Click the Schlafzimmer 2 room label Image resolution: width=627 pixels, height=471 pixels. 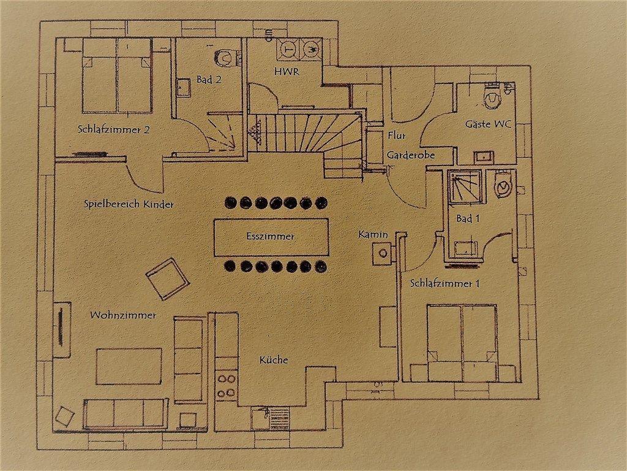[x=114, y=130]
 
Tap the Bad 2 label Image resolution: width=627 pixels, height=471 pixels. [x=209, y=79]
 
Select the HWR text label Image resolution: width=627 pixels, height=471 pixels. [x=287, y=72]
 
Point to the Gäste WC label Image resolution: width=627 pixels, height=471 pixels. [x=488, y=124]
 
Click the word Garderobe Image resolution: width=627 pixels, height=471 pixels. [x=410, y=155]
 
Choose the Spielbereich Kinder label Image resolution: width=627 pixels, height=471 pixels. [x=129, y=204]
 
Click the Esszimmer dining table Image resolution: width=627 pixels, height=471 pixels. [x=271, y=237]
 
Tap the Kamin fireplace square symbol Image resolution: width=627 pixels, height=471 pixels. [x=383, y=253]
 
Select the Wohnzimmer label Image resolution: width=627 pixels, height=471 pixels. [x=123, y=315]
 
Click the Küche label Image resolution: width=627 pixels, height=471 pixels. [x=274, y=360]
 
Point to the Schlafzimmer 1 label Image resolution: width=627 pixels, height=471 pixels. [x=445, y=283]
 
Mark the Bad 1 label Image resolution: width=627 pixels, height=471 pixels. [x=467, y=219]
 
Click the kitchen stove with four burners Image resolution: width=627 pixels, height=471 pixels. [x=227, y=385]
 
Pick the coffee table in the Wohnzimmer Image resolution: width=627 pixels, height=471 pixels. [x=129, y=367]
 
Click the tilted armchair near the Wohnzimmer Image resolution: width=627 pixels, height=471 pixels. [x=168, y=279]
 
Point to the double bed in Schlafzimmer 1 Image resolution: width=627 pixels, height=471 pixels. [x=462, y=343]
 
